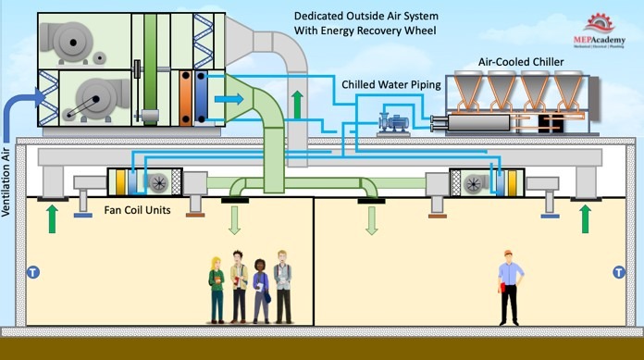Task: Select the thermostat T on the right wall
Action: (618, 272)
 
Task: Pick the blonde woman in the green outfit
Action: (217, 289)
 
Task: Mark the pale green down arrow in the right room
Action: (372, 220)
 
